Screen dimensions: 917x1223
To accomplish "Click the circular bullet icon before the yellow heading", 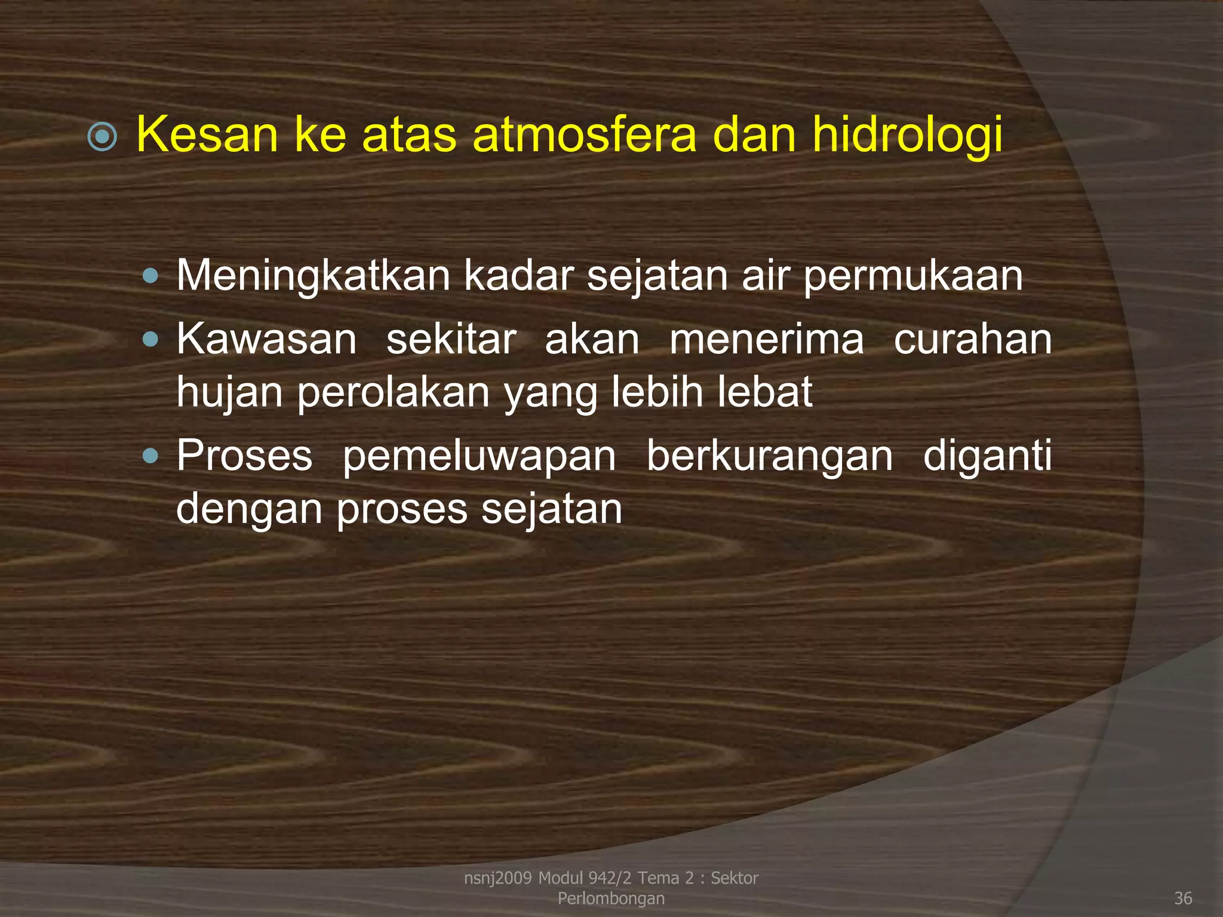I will tap(102, 137).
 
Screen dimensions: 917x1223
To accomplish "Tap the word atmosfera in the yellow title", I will tap(584, 135).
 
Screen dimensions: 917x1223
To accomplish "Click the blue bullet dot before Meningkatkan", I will tap(151, 276).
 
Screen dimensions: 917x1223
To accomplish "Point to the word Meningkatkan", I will tap(313, 277).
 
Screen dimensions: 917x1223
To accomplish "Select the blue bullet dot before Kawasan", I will tap(151, 340).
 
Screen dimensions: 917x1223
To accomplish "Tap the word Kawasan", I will tap(266, 339).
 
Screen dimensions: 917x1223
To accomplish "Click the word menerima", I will tap(766, 339).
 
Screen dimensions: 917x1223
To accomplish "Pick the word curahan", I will tap(972, 339).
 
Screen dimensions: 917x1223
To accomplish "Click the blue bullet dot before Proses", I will tap(151, 457).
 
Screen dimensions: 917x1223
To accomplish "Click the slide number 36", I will tap(1182, 898).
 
